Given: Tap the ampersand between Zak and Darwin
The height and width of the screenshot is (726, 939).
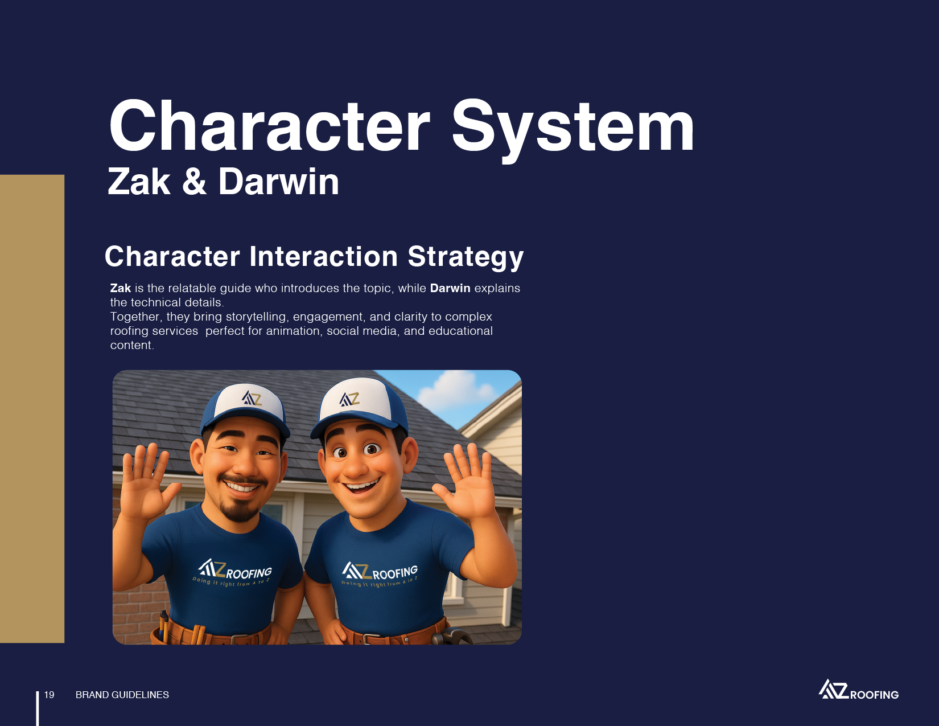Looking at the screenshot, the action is click(x=194, y=182).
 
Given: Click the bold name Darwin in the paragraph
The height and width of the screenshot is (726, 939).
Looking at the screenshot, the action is click(x=450, y=288).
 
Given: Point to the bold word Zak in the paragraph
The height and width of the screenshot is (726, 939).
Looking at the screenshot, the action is click(x=121, y=288).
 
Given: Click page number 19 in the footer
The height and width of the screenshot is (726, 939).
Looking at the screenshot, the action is click(x=50, y=695).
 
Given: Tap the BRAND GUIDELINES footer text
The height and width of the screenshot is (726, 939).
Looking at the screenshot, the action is click(x=122, y=695).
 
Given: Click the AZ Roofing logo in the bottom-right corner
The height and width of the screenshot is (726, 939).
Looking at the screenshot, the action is click(x=859, y=689).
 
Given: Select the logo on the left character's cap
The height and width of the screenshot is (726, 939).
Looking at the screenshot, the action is click(x=252, y=398).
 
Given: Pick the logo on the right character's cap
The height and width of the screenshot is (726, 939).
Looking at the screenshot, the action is click(x=349, y=399).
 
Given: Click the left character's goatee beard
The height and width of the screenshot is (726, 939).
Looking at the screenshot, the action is click(x=240, y=510).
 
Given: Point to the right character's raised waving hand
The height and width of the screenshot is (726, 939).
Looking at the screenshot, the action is click(x=464, y=481).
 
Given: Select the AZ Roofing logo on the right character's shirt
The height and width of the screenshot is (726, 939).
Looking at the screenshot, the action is click(x=380, y=573).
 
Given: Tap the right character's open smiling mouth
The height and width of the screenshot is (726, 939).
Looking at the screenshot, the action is click(x=361, y=486).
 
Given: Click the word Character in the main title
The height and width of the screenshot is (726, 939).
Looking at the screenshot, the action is click(x=270, y=126).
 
